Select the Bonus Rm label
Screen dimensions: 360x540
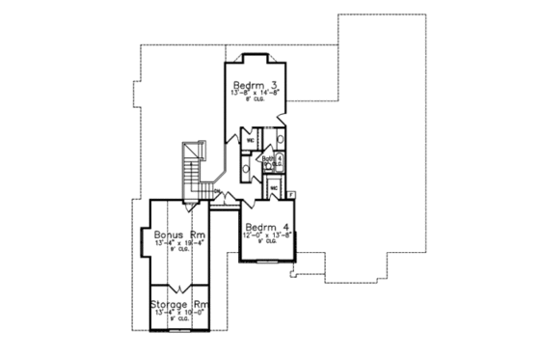point(177,234)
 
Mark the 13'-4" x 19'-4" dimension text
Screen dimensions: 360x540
point(177,243)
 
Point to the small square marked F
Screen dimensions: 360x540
point(291,195)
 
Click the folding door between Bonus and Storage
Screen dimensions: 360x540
point(178,288)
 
